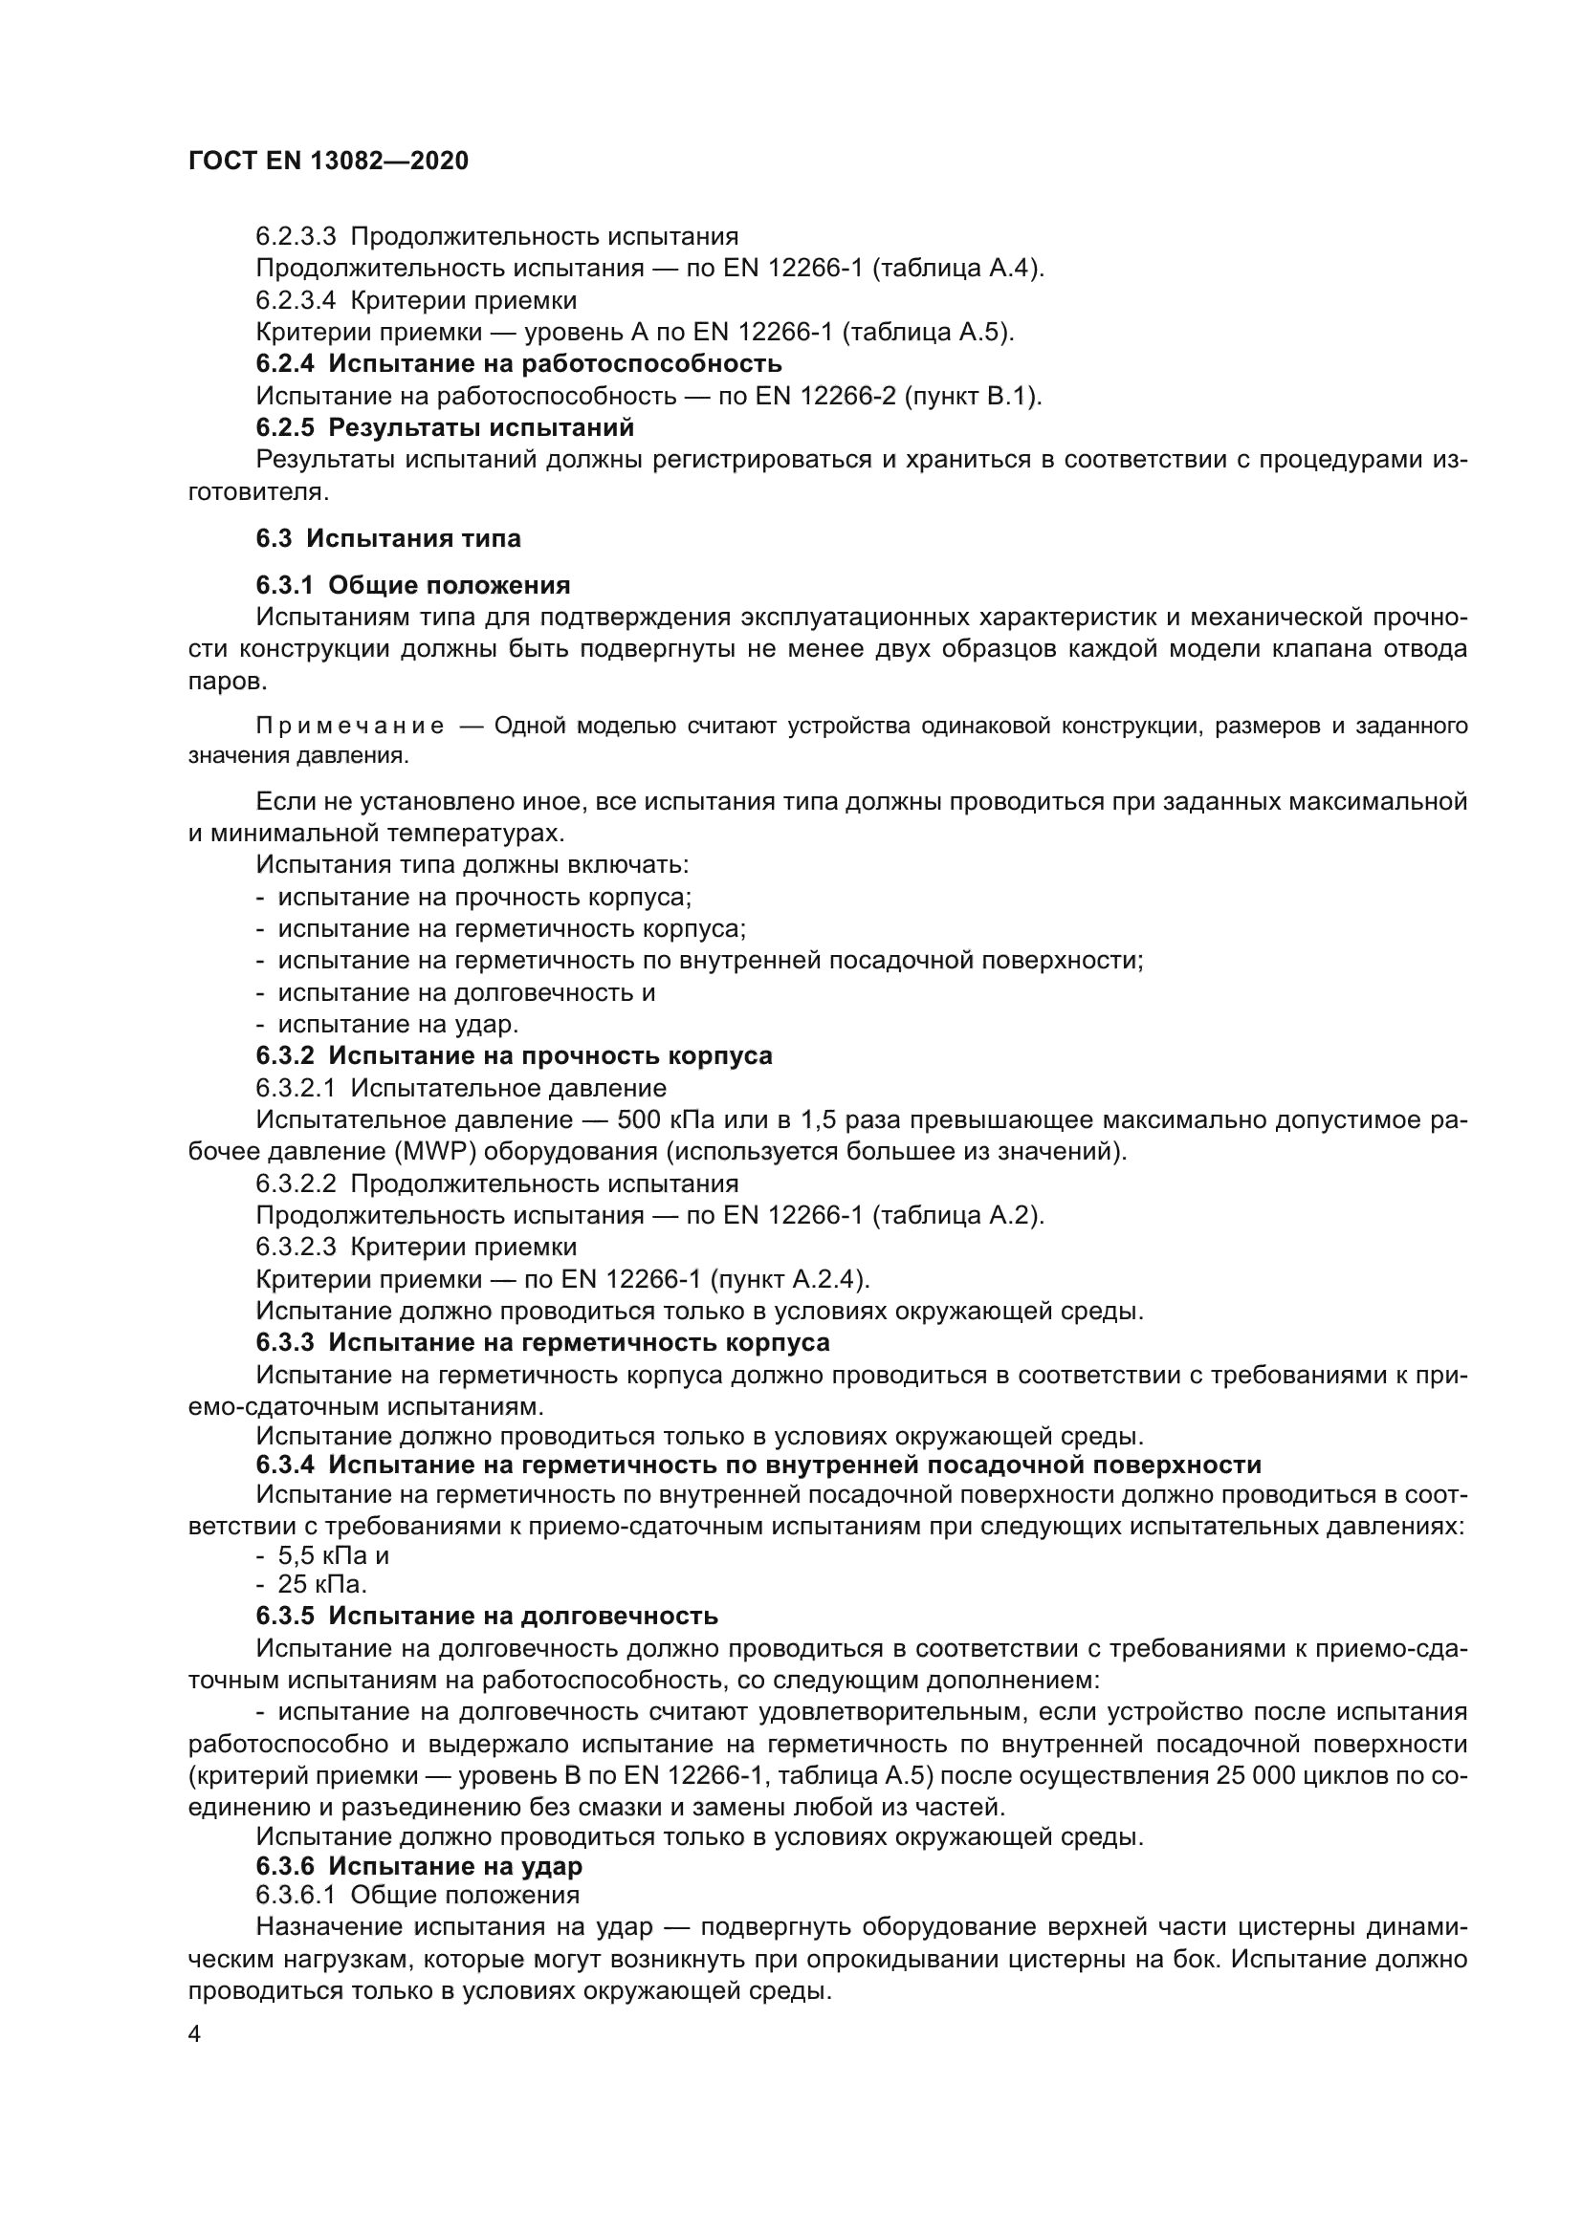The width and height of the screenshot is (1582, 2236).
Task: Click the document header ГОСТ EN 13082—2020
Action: (x=327, y=161)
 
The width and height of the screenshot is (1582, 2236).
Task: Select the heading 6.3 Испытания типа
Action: (x=387, y=538)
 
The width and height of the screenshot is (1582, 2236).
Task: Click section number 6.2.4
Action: (x=285, y=364)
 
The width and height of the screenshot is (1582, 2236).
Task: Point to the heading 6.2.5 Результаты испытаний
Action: (x=444, y=427)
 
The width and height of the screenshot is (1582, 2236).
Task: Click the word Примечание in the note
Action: (x=350, y=727)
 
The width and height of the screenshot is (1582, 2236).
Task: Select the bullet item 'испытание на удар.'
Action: (x=398, y=1024)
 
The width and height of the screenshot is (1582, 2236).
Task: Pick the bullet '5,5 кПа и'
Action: (x=333, y=1556)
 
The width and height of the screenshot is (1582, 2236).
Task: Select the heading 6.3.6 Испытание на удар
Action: (x=419, y=1866)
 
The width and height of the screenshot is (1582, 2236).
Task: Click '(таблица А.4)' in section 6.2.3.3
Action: (x=956, y=268)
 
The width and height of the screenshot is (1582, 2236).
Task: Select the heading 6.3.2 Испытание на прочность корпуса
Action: (x=514, y=1055)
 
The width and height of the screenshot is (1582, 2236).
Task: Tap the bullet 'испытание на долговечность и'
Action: (x=466, y=992)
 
